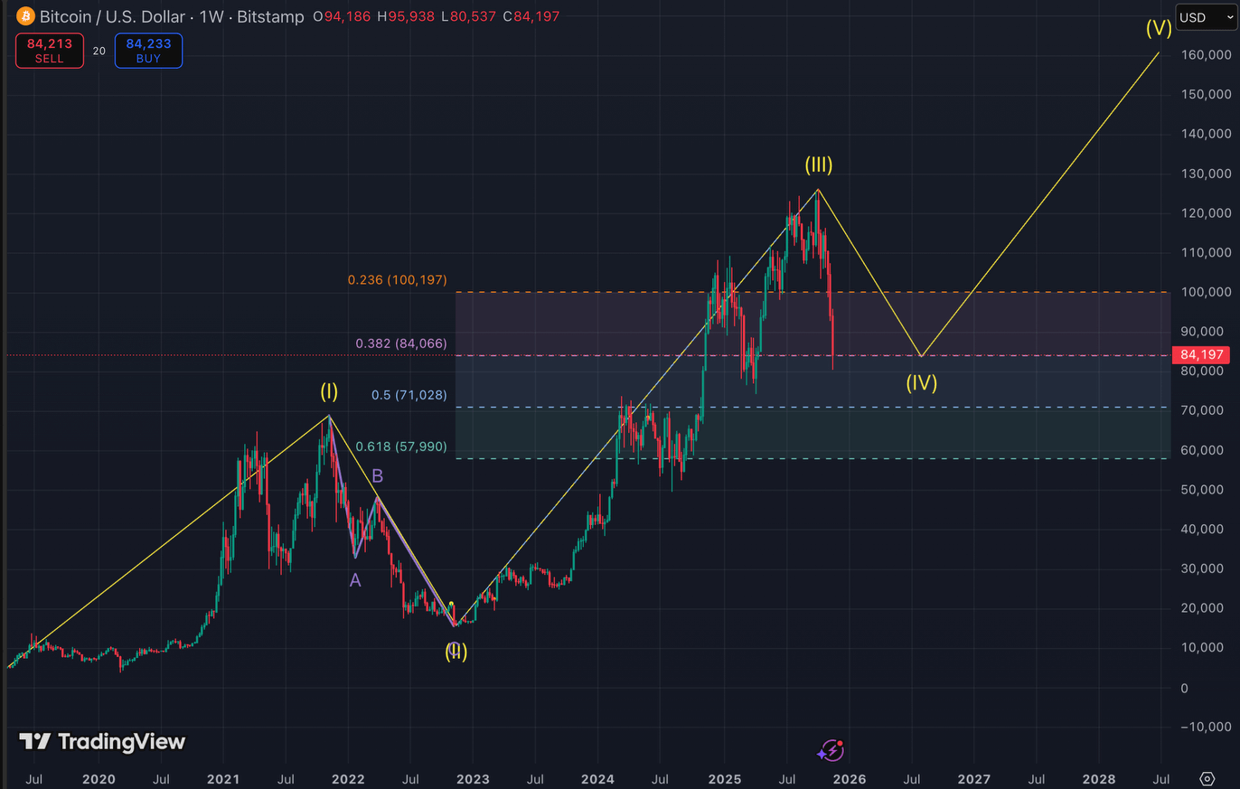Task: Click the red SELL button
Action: [x=50, y=51]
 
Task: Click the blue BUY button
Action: [x=148, y=51]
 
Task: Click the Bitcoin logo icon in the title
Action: [x=24, y=16]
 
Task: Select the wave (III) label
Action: [x=819, y=165]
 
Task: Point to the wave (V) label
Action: [x=1159, y=27]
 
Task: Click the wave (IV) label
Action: [x=922, y=382]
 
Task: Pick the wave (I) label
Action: [x=328, y=391]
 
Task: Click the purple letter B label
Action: [x=378, y=475]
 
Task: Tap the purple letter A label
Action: [x=355, y=580]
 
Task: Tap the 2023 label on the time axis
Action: [x=473, y=778]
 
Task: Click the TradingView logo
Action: [x=102, y=742]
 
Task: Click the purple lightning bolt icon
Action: [x=831, y=751]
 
